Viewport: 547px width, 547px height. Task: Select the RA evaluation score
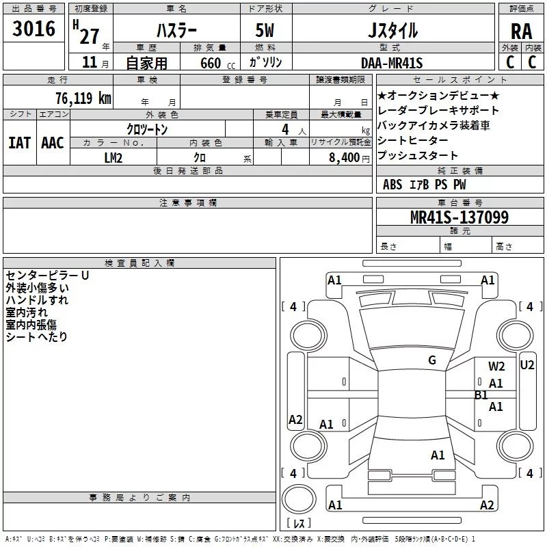coord(520,31)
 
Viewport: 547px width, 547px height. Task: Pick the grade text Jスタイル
coord(392,31)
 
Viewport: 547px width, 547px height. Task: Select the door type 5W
coord(265,31)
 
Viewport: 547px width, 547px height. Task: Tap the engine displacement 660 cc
coord(206,63)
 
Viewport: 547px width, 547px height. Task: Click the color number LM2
coord(113,157)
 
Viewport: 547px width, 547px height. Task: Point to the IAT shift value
coord(20,143)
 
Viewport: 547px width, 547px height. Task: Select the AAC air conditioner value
coord(53,143)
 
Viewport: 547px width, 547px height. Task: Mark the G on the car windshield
coord(432,360)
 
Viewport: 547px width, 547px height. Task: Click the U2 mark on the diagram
coord(526,365)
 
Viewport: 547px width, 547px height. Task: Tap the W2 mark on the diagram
coord(496,366)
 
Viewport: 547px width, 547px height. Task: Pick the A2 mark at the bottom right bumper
coord(487,505)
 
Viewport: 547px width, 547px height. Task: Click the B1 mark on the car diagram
coord(481,395)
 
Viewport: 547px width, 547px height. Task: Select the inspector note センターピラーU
coord(47,275)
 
